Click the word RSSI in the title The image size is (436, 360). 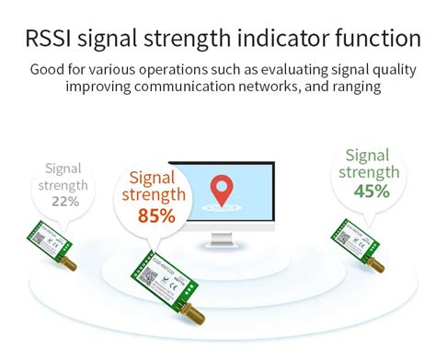click(x=46, y=38)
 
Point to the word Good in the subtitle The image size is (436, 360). click(x=47, y=69)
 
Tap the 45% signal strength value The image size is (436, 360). click(x=372, y=192)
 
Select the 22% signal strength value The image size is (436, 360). click(x=64, y=201)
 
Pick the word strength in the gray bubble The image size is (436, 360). click(x=63, y=185)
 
